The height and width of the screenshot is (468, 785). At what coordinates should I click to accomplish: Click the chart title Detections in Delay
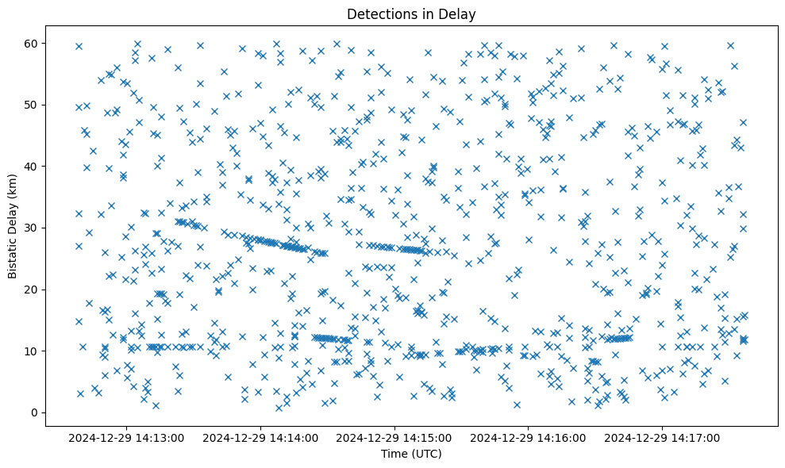411,14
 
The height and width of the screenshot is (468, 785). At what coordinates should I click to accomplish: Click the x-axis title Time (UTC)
411,454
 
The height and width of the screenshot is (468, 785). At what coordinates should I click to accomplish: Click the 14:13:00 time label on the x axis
126,437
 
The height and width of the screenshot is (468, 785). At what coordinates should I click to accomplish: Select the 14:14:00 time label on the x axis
260,437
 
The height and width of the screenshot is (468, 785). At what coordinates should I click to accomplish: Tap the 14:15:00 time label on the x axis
394,437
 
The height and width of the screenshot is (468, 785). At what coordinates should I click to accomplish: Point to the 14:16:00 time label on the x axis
528,437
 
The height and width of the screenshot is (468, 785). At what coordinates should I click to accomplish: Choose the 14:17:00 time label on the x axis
662,437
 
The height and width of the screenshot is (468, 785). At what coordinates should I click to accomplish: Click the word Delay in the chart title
460,14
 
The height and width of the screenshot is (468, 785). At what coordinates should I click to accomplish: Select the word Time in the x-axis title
394,454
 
